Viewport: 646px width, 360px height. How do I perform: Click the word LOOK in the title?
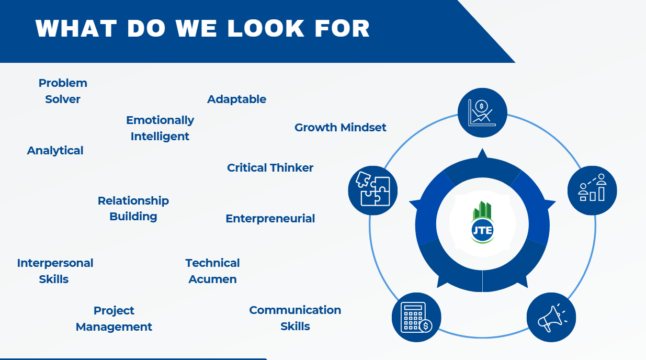pyautogui.click(x=266, y=29)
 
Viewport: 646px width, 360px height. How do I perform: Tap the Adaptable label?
pyautogui.click(x=236, y=99)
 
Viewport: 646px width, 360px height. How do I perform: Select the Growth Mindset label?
pyautogui.click(x=340, y=128)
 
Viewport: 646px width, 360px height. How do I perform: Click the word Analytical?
pyautogui.click(x=55, y=151)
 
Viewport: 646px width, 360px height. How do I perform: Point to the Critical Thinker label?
pyautogui.click(x=270, y=168)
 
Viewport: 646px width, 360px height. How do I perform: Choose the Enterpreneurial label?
pyautogui.click(x=270, y=219)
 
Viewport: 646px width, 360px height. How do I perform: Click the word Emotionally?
pyautogui.click(x=160, y=120)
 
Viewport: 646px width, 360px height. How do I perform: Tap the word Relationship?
pyautogui.click(x=133, y=201)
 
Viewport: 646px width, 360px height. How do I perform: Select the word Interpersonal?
pyautogui.click(x=55, y=263)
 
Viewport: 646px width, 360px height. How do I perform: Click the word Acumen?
pyautogui.click(x=212, y=279)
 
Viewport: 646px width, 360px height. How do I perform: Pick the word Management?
pyautogui.click(x=114, y=327)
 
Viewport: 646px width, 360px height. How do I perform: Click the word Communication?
pyautogui.click(x=295, y=310)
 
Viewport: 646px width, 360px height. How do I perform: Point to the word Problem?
pyautogui.click(x=63, y=83)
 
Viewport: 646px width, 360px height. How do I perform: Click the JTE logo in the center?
pyautogui.click(x=482, y=222)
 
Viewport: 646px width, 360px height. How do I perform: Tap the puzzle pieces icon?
pyautogui.click(x=372, y=190)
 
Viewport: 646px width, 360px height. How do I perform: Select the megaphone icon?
pyautogui.click(x=551, y=317)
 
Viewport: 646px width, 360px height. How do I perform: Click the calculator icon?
pyautogui.click(x=416, y=317)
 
